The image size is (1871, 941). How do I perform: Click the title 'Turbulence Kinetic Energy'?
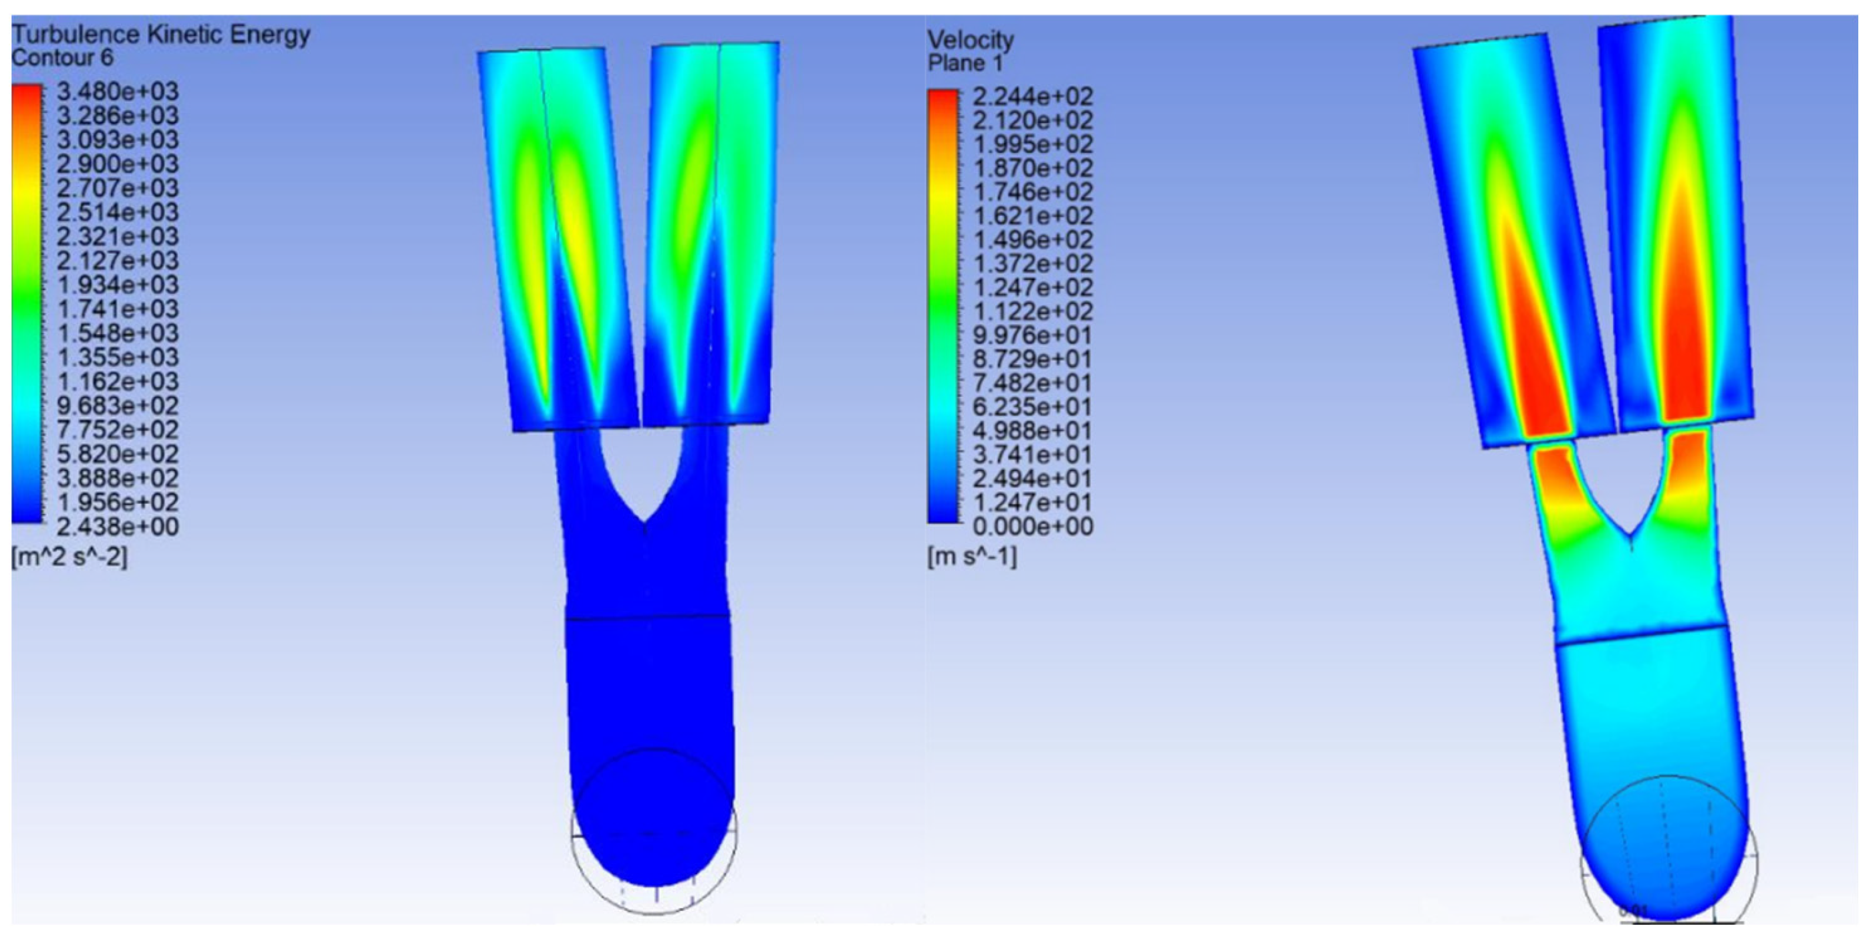[x=160, y=34]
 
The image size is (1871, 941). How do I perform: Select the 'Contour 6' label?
[x=62, y=58]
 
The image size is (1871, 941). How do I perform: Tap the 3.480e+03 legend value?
[x=118, y=92]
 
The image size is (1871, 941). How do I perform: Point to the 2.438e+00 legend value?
[x=118, y=527]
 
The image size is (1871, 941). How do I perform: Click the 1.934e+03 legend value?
[x=118, y=285]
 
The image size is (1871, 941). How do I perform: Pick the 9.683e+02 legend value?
[x=118, y=405]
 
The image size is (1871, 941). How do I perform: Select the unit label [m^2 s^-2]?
[x=70, y=557]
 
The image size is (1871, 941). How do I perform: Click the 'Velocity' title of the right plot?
[x=971, y=39]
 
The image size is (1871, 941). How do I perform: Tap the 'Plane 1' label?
[x=965, y=63]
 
